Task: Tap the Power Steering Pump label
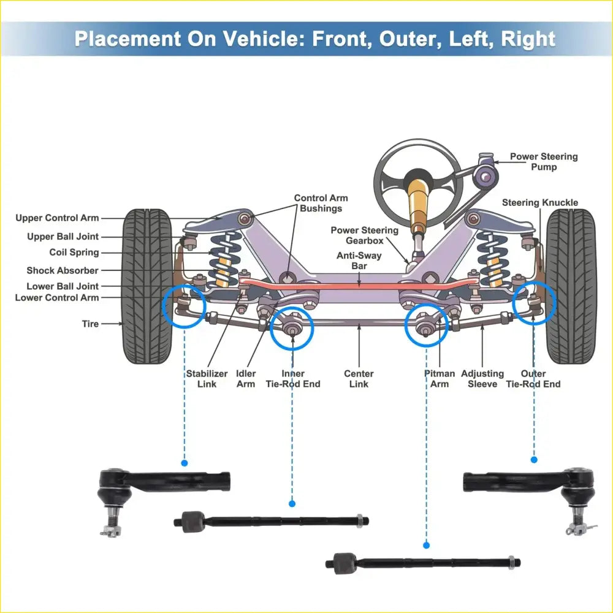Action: (x=544, y=162)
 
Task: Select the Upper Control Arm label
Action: (x=57, y=218)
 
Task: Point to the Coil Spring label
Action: (x=74, y=253)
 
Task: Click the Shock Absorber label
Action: (x=63, y=270)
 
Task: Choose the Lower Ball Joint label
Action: (x=63, y=286)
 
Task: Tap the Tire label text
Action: (x=90, y=324)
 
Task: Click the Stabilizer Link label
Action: (x=207, y=379)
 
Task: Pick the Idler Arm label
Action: (x=246, y=379)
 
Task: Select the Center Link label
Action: (x=359, y=379)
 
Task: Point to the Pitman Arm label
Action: (x=440, y=379)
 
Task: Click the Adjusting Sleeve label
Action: (x=482, y=379)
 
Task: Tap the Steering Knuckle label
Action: (x=539, y=203)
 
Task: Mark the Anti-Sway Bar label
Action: (x=359, y=261)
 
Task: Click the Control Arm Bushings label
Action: (x=321, y=203)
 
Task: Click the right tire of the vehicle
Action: (x=570, y=285)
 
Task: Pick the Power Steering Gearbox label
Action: (x=364, y=235)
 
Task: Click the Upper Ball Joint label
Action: (x=63, y=237)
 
